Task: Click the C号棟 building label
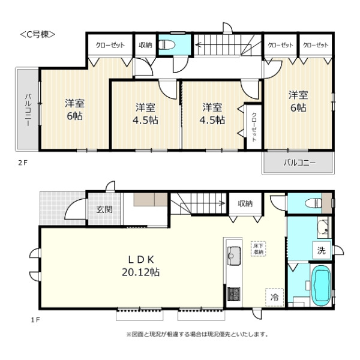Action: pos(38,34)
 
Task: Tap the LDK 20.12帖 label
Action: pos(140,266)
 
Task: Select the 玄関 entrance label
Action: pos(104,209)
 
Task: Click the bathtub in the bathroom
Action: pos(321,286)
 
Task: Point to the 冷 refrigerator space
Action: pos(275,298)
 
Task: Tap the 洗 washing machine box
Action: pos(322,250)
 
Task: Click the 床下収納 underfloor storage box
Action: pos(259,248)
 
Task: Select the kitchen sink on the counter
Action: pos(234,256)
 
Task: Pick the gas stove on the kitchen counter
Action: pos(234,294)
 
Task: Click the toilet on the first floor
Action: pos(313,203)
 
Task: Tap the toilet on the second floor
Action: pos(167,45)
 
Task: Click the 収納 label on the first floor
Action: pos(245,203)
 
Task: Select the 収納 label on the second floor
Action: pos(145,45)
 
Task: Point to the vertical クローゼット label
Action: pos(254,127)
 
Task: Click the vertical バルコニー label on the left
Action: pos(28,110)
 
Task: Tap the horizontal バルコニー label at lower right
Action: pos(299,163)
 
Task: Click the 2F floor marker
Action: pos(23,163)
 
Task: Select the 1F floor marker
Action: pos(35,320)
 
